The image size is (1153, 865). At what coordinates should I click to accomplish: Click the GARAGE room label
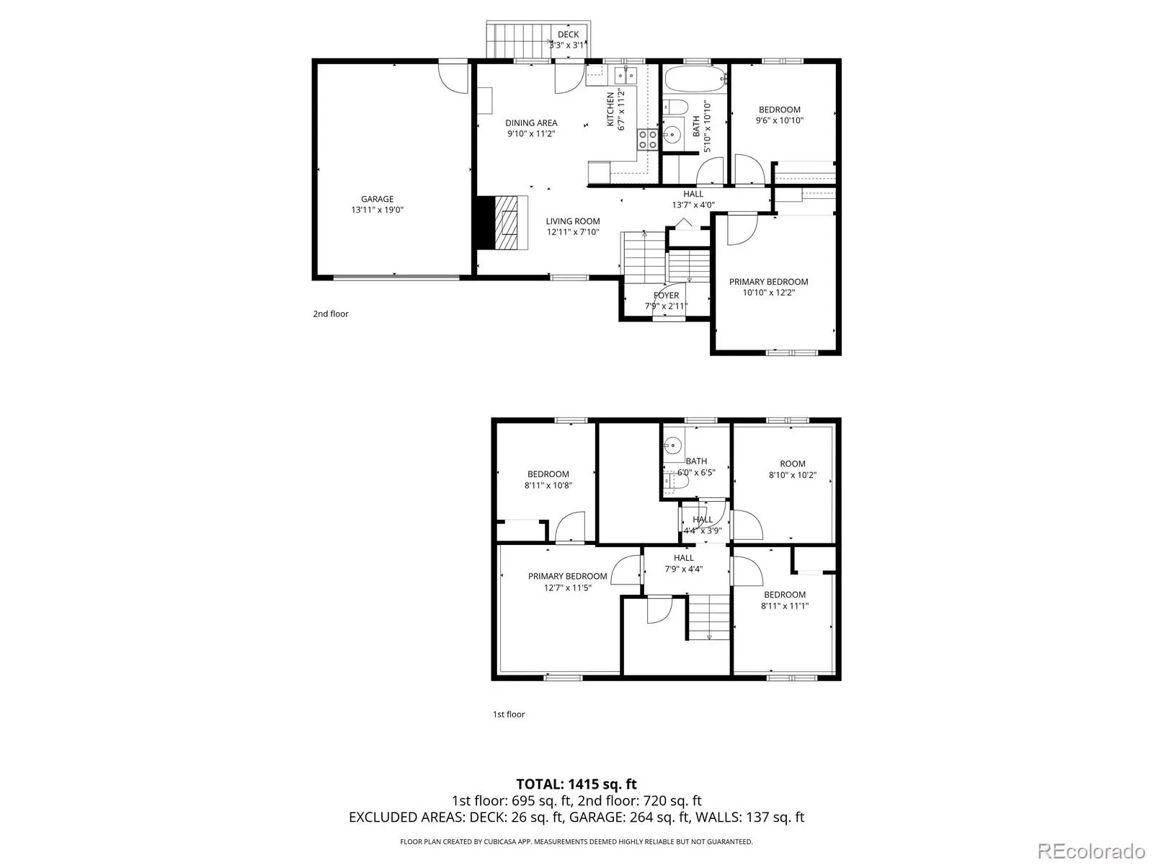[377, 199]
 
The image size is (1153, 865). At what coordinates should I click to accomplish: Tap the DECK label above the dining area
[568, 35]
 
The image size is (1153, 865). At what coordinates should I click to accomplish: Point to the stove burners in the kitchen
[647, 139]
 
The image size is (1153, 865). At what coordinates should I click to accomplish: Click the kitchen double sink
[626, 76]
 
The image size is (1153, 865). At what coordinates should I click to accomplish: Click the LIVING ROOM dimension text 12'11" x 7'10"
[573, 232]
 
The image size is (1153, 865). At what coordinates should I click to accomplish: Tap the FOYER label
[666, 295]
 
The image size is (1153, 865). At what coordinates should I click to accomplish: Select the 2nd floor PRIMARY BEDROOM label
[768, 282]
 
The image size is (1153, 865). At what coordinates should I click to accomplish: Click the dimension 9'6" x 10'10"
[780, 121]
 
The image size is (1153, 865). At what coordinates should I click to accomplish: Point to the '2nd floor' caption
[331, 314]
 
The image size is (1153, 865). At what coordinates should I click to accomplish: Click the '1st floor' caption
[509, 714]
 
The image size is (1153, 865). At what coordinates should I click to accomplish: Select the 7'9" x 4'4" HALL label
[683, 564]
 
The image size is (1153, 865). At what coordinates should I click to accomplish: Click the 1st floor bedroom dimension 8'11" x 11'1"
[785, 606]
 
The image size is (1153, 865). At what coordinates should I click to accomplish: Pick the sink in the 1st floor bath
[672, 446]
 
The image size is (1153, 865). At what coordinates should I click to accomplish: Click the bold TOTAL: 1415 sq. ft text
[576, 784]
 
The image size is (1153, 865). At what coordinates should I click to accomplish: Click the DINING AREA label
[531, 123]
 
